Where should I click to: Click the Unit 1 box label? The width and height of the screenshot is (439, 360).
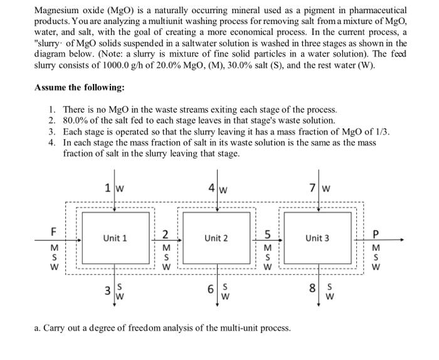(115, 238)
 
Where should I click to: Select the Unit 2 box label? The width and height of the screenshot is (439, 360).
(216, 238)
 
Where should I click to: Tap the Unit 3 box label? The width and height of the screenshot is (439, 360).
(317, 238)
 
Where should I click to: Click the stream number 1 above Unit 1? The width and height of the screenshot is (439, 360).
(108, 188)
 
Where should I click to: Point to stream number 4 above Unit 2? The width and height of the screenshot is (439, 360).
(212, 188)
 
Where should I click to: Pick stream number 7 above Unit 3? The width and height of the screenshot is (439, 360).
(313, 188)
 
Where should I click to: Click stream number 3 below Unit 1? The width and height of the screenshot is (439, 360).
(108, 291)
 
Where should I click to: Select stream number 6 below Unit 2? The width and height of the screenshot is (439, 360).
(211, 289)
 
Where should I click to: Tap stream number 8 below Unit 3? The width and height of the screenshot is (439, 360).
(312, 288)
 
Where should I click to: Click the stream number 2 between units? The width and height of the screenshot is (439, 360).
(166, 235)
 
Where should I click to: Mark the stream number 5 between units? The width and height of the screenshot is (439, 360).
(267, 235)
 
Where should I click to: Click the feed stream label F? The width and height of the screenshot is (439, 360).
(53, 232)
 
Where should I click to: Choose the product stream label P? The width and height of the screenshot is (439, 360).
(376, 234)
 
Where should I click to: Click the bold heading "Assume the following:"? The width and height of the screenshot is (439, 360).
(80, 88)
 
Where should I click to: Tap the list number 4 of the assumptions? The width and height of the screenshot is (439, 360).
(51, 143)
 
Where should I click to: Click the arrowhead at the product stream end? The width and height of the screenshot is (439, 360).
(403, 240)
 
